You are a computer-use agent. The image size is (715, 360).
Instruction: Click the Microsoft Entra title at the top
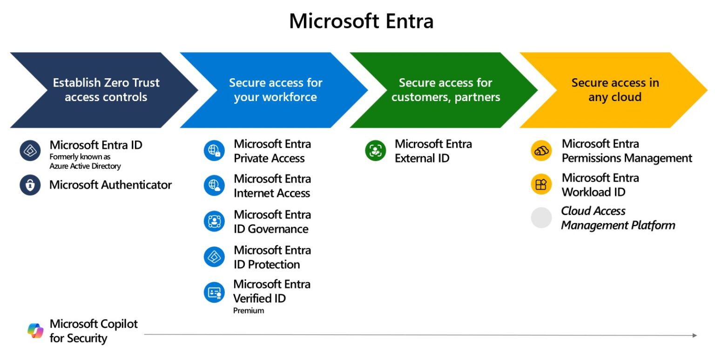pos(361,21)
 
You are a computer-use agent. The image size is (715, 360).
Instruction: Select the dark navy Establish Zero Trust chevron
pos(106,90)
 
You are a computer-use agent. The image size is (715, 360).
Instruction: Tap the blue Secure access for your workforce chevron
pos(275,90)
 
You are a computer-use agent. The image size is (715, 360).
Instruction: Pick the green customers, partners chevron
pos(445,90)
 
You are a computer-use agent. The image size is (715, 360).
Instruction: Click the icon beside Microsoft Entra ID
pos(30,151)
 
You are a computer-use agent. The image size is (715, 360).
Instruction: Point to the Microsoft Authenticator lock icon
pos(30,185)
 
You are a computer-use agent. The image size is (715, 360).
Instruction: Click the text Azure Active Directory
pos(85,166)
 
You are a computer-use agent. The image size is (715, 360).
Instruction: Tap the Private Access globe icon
pos(214,151)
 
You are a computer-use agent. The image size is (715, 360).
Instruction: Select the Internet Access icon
pos(214,185)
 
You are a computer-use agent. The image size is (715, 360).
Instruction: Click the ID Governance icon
pos(214,221)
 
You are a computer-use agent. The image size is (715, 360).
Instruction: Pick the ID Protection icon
pos(214,257)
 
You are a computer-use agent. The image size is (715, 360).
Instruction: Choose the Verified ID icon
pos(214,292)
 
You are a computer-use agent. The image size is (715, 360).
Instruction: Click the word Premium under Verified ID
pos(249,311)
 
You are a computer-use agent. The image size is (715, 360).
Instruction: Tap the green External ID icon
pos(375,151)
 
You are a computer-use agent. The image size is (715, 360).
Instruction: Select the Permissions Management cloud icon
pos(541,151)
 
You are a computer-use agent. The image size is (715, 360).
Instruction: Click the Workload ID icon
pos(541,184)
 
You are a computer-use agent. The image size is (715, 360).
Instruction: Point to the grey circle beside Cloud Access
pos(541,218)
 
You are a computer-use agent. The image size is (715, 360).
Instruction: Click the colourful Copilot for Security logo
pos(35,331)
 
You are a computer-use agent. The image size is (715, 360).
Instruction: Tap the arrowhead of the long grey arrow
pos(695,335)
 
